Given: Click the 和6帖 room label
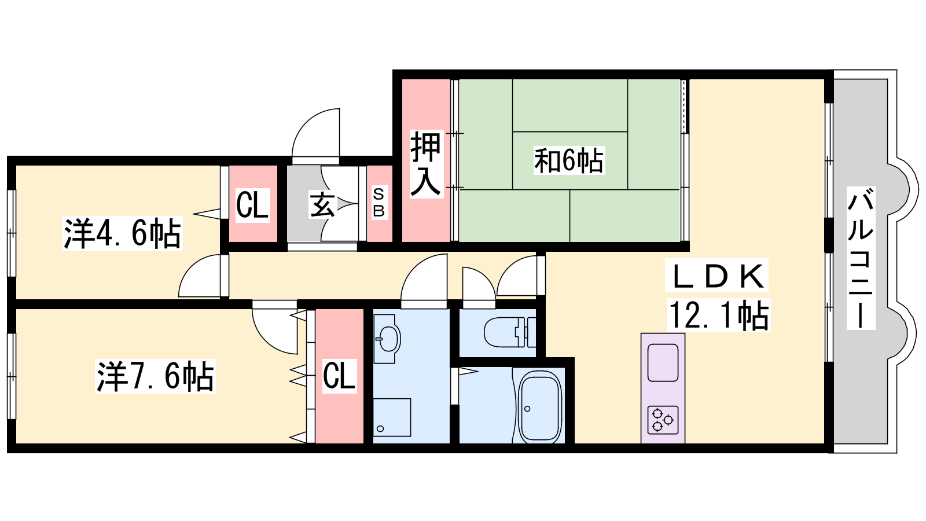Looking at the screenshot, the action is pyautogui.click(x=569, y=160).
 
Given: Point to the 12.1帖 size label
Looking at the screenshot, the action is pyautogui.click(x=719, y=315).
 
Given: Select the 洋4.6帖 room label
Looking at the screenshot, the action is pyautogui.click(x=122, y=233).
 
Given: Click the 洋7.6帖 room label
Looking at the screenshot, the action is pyautogui.click(x=156, y=376).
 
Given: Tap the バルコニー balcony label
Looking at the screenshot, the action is pyautogui.click(x=861, y=258).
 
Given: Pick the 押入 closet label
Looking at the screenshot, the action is pyautogui.click(x=426, y=164).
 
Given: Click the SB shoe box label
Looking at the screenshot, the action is pyautogui.click(x=379, y=202).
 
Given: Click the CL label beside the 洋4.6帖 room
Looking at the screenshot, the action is pyautogui.click(x=252, y=205).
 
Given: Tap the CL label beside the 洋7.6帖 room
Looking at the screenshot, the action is pyautogui.click(x=339, y=376).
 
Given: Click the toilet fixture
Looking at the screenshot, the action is pyautogui.click(x=509, y=332).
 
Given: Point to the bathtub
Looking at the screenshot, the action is pyautogui.click(x=541, y=407).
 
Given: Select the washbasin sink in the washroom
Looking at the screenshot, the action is pyautogui.click(x=387, y=339).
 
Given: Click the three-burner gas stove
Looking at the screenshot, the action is pyautogui.click(x=663, y=420).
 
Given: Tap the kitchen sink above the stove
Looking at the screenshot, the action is pyautogui.click(x=663, y=362).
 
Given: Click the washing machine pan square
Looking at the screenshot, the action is pyautogui.click(x=392, y=417).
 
